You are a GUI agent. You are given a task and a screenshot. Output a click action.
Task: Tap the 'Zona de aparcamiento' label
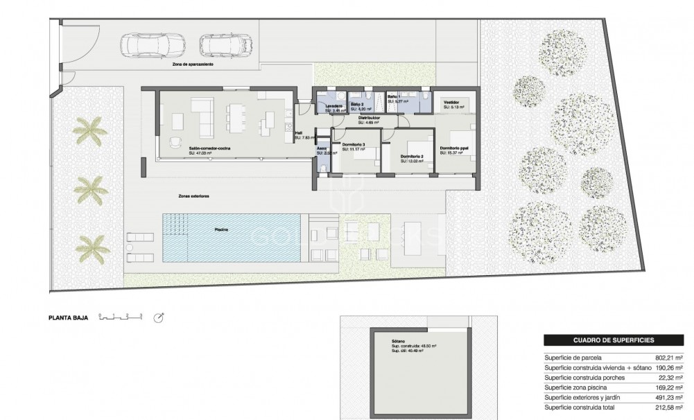[x=193, y=64]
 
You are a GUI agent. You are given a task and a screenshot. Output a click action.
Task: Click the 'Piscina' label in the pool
[x=222, y=229]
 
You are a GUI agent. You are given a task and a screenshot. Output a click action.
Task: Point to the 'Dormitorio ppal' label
[x=456, y=148]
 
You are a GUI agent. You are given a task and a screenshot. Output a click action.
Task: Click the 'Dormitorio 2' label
[x=412, y=157]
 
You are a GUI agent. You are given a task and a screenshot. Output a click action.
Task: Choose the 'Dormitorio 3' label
[x=354, y=144]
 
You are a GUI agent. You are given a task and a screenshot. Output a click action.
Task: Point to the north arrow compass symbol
[x=159, y=317]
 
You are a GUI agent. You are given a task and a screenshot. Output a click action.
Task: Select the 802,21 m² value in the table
[x=668, y=358]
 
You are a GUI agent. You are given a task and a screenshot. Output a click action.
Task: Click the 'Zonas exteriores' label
[x=193, y=196]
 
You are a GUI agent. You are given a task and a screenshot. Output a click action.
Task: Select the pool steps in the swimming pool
[x=175, y=225]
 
